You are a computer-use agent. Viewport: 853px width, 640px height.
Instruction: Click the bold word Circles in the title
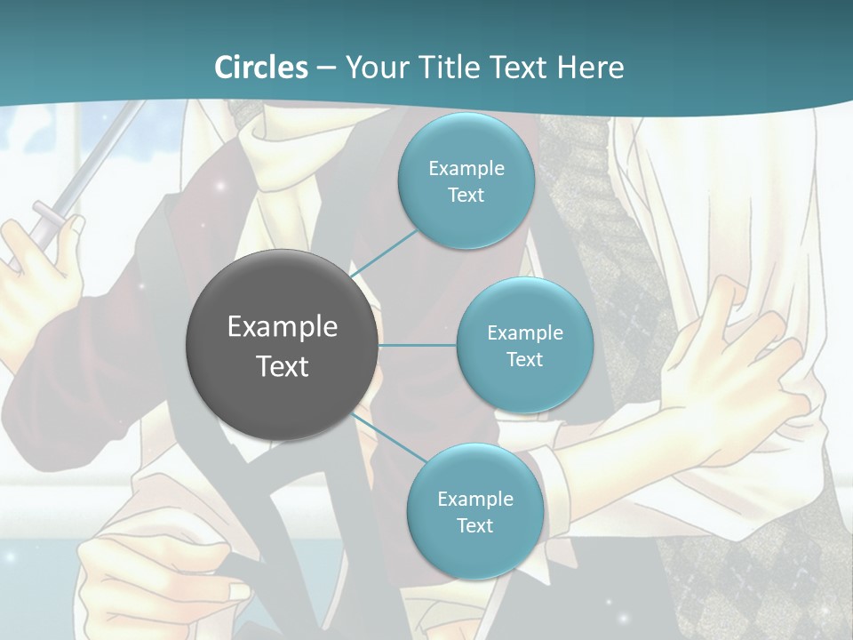click(261, 67)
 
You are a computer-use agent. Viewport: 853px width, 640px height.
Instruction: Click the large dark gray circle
click(282, 346)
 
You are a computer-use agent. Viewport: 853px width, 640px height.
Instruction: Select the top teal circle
click(466, 180)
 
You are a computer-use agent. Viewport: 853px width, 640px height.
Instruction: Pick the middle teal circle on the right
click(524, 345)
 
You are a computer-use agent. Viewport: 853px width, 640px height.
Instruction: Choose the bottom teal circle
click(474, 511)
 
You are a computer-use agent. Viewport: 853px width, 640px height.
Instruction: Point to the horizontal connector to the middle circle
click(417, 345)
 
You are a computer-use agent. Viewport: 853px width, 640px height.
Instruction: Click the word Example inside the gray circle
click(283, 327)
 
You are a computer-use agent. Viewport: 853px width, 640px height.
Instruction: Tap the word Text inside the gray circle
click(283, 365)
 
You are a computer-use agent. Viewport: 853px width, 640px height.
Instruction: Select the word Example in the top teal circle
click(466, 168)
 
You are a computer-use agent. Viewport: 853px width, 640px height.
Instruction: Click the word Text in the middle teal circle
click(524, 359)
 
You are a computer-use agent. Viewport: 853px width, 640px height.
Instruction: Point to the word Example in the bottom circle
click(475, 499)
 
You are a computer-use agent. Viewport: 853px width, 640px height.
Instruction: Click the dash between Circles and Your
click(326, 68)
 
